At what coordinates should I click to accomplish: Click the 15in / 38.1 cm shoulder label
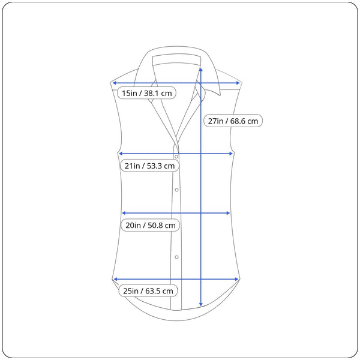(x=147, y=93)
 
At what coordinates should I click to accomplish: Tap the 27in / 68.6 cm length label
(x=233, y=121)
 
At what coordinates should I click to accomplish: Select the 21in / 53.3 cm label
(x=149, y=166)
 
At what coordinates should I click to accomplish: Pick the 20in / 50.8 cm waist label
(x=151, y=225)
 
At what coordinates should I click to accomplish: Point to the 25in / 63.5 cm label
(x=148, y=291)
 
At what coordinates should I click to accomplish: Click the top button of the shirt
(x=176, y=157)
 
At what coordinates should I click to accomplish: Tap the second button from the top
(x=176, y=190)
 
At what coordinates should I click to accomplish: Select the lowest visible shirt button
(x=176, y=257)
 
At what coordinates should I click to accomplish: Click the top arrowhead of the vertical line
(x=201, y=70)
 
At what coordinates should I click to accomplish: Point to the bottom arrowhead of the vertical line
(x=201, y=304)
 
